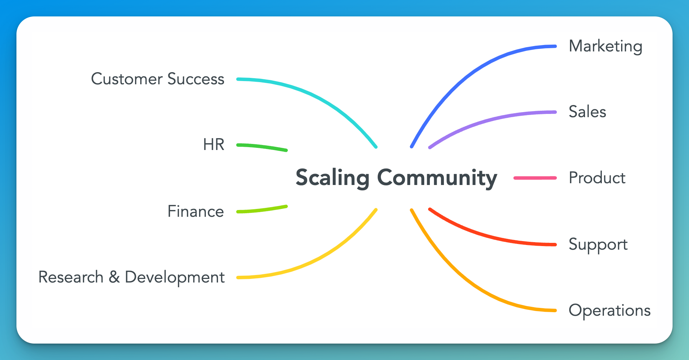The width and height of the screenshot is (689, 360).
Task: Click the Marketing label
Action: (x=605, y=47)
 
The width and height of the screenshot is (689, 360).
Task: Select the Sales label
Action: (x=587, y=112)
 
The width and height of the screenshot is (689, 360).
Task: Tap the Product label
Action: (x=597, y=178)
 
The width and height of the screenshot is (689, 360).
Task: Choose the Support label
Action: (x=598, y=245)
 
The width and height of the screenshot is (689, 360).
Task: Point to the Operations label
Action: (x=609, y=310)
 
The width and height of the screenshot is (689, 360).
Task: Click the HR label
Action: (x=214, y=145)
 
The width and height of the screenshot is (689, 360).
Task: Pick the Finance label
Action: (x=196, y=211)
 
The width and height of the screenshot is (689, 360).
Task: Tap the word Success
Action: (x=196, y=79)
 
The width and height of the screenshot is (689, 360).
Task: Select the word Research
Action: (x=71, y=277)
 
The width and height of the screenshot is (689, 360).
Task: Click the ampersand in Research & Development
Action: (x=114, y=277)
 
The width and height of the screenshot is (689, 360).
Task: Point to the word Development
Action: (x=175, y=277)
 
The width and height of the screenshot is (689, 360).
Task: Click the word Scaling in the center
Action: (x=332, y=178)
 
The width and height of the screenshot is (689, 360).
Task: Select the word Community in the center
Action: (x=437, y=178)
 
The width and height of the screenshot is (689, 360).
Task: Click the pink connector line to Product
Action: (x=535, y=178)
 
